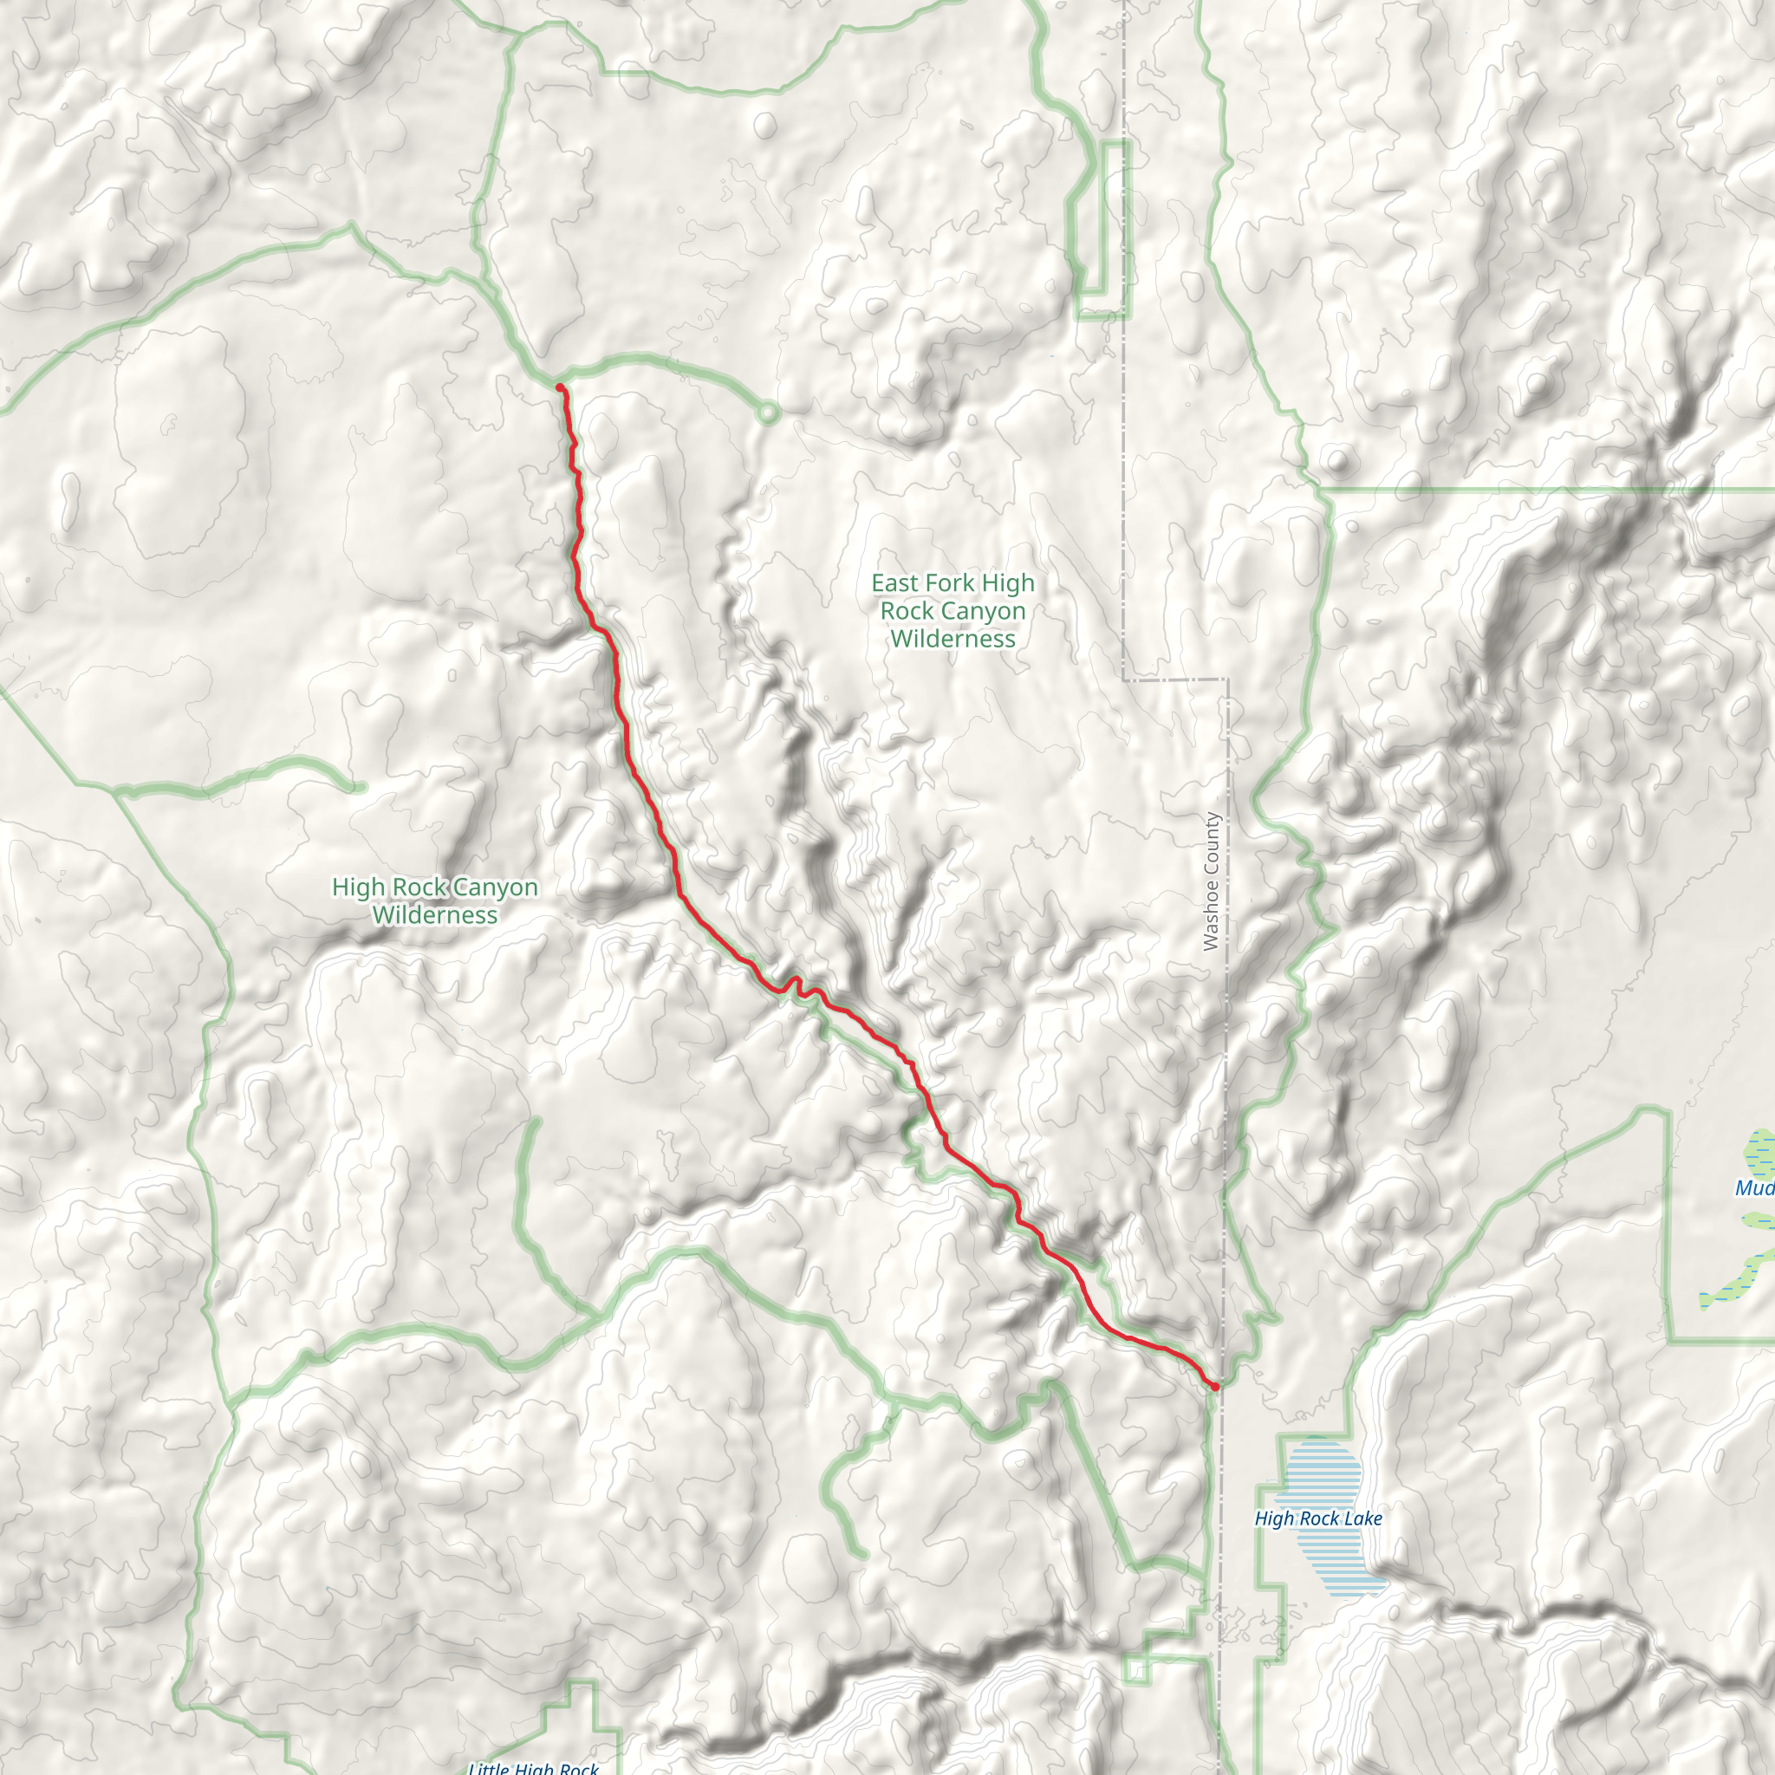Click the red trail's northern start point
coord(560,387)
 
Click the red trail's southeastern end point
coord(1214,1386)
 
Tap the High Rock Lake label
coord(1318,1518)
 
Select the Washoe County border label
coord(1211,881)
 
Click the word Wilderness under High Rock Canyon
coord(435,915)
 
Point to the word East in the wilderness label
coord(894,583)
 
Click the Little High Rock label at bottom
coord(533,1765)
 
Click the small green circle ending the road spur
coord(768,413)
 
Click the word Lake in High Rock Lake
coord(1362,1518)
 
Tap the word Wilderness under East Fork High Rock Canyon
coord(953,640)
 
